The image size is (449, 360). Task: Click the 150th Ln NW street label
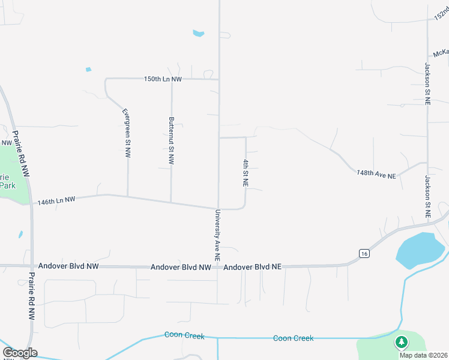point(163,79)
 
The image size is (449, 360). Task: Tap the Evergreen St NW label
point(127,133)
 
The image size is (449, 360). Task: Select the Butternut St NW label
point(172,141)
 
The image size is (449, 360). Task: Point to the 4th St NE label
point(246,173)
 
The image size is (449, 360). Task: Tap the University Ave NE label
point(217,235)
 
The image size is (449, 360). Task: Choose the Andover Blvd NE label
point(252,266)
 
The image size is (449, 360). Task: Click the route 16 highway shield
point(364,254)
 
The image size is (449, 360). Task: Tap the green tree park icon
point(401,343)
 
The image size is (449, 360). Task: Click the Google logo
point(20,353)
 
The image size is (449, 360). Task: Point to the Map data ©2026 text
point(423,355)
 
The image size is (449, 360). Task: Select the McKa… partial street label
point(441,52)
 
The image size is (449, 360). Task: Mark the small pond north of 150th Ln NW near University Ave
point(199,34)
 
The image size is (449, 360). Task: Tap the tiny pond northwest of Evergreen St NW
point(88,70)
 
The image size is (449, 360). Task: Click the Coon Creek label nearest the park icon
point(293,338)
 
